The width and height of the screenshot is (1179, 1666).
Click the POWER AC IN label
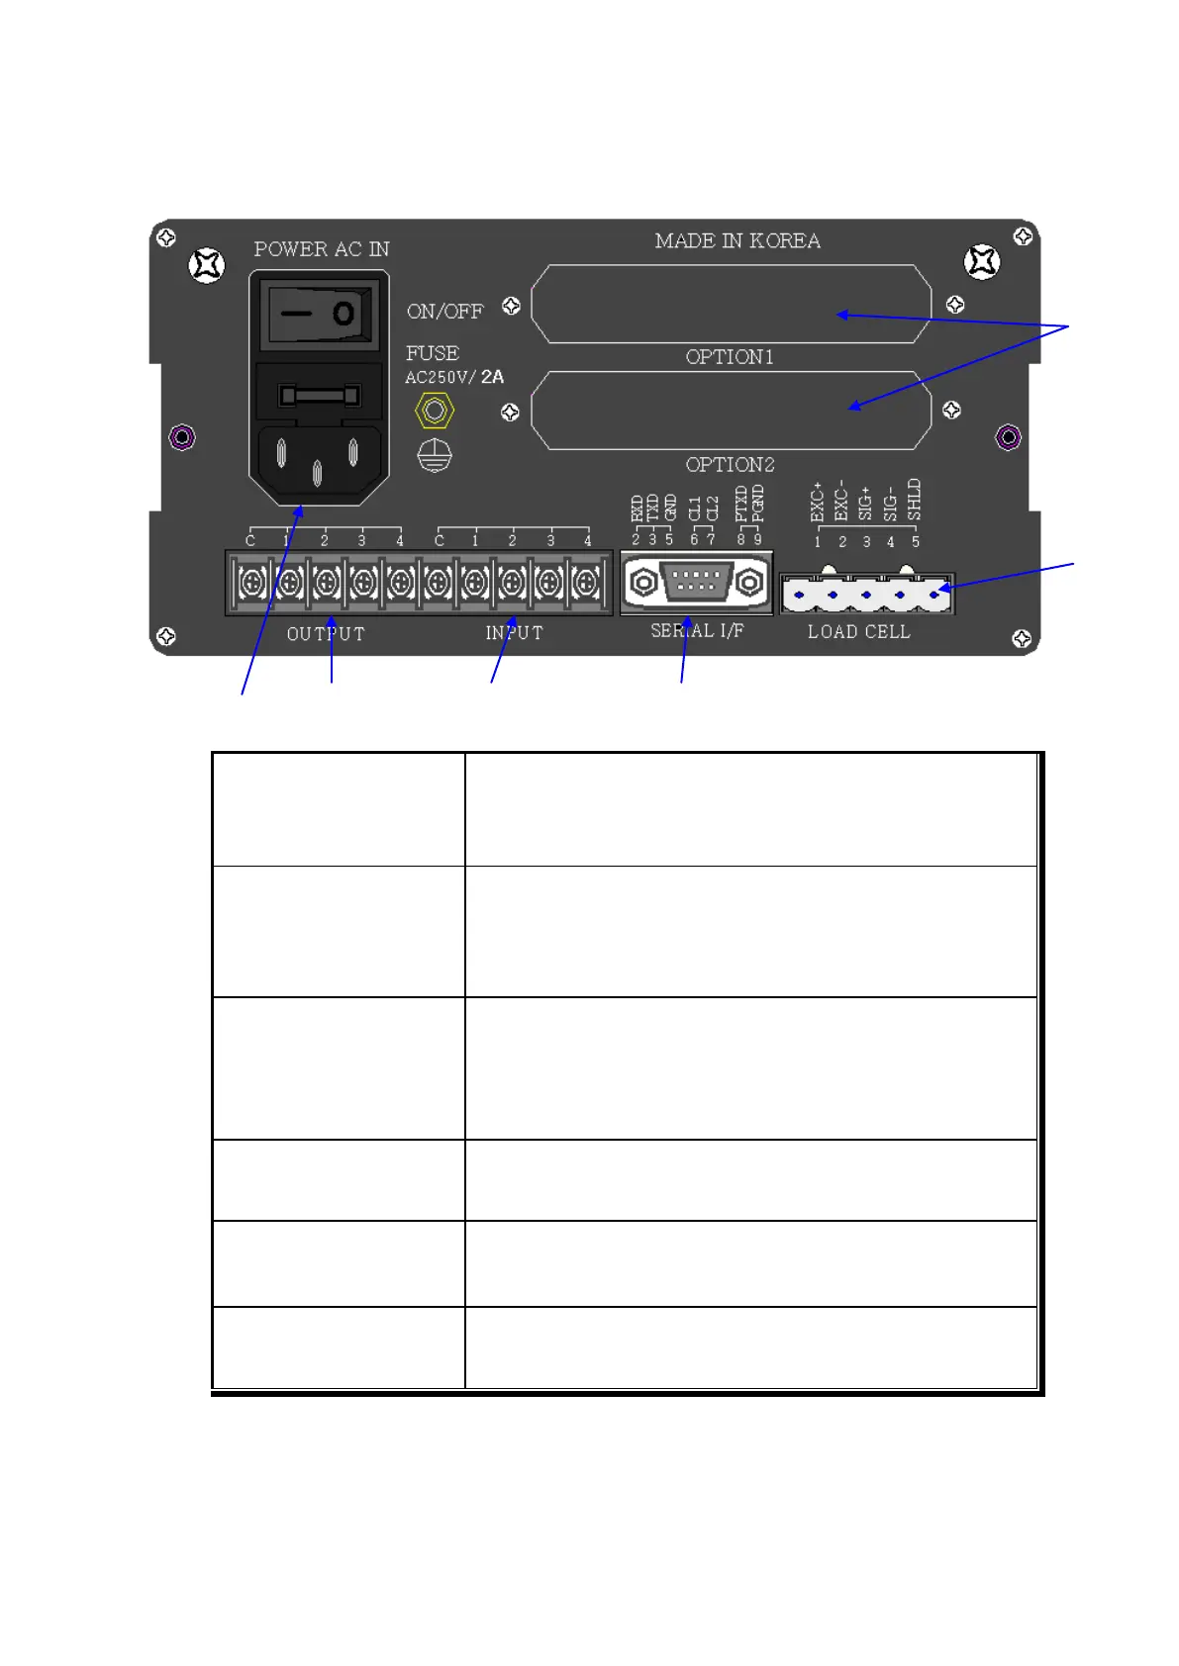pyautogui.click(x=322, y=249)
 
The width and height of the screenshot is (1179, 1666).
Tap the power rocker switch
pyautogui.click(x=319, y=314)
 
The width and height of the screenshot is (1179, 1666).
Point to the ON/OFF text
pyautogui.click(x=444, y=312)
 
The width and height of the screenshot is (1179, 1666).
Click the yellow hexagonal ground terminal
pyautogui.click(x=434, y=410)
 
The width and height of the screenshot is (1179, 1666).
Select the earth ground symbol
pyautogui.click(x=435, y=456)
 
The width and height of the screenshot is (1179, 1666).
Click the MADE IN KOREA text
pyautogui.click(x=737, y=241)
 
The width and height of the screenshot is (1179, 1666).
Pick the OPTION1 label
pyautogui.click(x=730, y=357)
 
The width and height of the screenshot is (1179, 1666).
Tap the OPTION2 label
pyautogui.click(x=730, y=465)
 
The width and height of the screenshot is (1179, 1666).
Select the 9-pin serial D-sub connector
pyautogui.click(x=696, y=582)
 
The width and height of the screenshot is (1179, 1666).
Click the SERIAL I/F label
pyautogui.click(x=697, y=631)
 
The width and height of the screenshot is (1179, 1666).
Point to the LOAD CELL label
pyautogui.click(x=858, y=632)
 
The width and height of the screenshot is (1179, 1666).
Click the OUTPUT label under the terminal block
pyautogui.click(x=326, y=634)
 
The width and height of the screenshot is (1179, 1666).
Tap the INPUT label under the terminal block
pyautogui.click(x=514, y=633)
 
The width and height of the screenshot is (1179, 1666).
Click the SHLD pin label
pyautogui.click(x=915, y=500)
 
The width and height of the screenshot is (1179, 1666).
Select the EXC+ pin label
pyautogui.click(x=818, y=502)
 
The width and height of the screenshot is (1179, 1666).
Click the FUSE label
pyautogui.click(x=433, y=353)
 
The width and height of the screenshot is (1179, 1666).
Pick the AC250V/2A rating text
pyautogui.click(x=454, y=377)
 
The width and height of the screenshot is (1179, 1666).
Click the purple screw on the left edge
pyautogui.click(x=182, y=436)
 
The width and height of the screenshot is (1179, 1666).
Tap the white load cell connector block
pyautogui.click(x=866, y=594)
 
